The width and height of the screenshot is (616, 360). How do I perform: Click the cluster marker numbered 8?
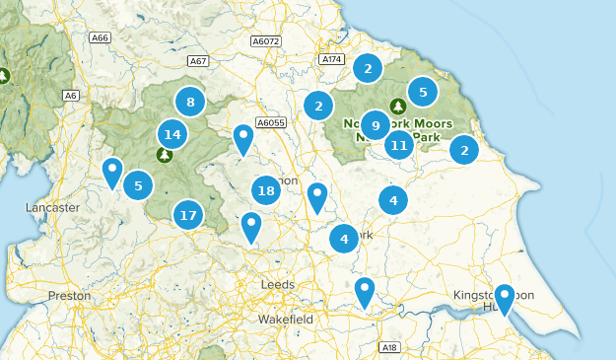(190, 101)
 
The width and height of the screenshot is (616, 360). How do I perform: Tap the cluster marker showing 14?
(172, 134)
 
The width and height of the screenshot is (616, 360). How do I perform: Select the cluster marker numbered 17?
(188, 214)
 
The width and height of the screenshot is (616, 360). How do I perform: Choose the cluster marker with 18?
(265, 190)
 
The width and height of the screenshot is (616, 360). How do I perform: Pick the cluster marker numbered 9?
(375, 125)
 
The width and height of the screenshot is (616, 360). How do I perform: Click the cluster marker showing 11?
(398, 146)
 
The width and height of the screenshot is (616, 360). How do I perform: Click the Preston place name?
(69, 295)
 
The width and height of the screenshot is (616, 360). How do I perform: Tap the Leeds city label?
(277, 284)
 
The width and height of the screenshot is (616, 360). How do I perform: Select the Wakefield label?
(285, 320)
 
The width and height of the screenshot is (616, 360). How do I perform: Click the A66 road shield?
(99, 37)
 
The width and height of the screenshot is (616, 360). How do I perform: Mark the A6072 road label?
(266, 41)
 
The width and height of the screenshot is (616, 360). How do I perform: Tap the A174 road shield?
(331, 60)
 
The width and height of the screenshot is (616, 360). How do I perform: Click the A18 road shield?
(390, 347)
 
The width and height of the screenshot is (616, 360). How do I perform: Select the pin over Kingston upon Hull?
(505, 298)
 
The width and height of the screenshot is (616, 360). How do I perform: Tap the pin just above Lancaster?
(113, 173)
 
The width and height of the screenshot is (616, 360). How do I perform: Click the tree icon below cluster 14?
(165, 154)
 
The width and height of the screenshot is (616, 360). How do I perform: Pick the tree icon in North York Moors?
(398, 106)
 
